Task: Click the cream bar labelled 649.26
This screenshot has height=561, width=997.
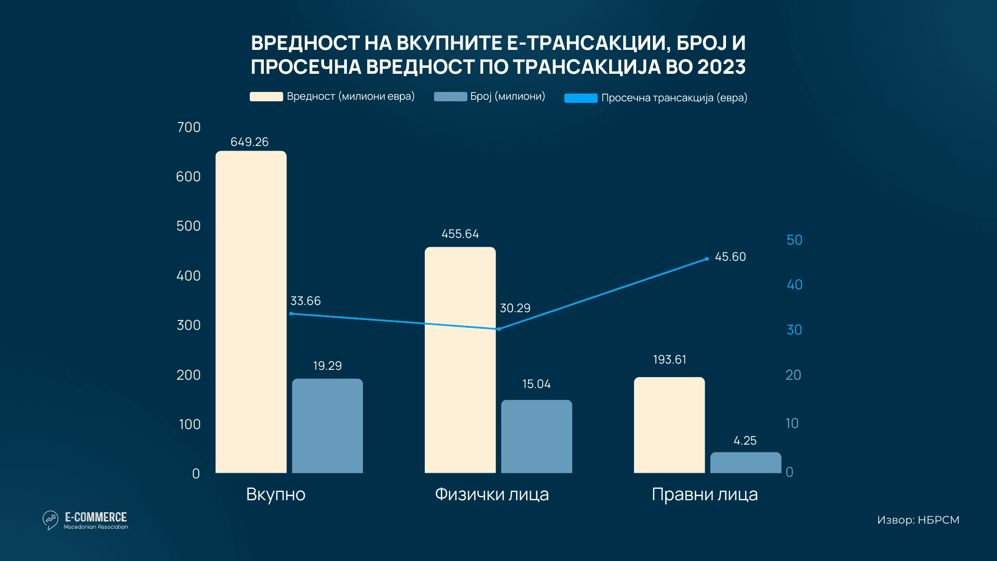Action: tap(251, 312)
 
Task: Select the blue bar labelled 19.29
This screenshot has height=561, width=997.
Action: tap(327, 426)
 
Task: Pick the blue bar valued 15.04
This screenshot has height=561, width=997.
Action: tap(536, 436)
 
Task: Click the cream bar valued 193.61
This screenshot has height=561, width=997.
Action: tap(669, 425)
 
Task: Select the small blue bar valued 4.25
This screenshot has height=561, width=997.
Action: tap(745, 462)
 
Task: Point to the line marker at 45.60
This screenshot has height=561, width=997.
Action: tap(707, 259)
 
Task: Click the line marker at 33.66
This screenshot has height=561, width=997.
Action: tap(291, 314)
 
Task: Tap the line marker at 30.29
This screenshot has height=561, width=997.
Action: tap(498, 329)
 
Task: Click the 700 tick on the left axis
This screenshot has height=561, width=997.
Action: tap(188, 127)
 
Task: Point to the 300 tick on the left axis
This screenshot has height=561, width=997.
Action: tap(188, 325)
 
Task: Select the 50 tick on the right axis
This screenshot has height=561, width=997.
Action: tap(794, 240)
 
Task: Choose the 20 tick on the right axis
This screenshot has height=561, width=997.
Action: tap(793, 375)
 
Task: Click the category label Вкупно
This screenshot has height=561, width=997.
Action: tap(276, 494)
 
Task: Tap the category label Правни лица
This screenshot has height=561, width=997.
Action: tap(705, 494)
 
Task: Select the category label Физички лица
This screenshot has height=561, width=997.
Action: tap(492, 494)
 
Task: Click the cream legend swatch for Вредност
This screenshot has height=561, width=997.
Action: tap(266, 97)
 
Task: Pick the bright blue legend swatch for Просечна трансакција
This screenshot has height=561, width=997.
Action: tap(581, 98)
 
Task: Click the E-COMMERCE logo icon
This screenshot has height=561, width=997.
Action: tap(50, 520)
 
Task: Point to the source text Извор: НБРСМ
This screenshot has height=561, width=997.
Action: tap(918, 520)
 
